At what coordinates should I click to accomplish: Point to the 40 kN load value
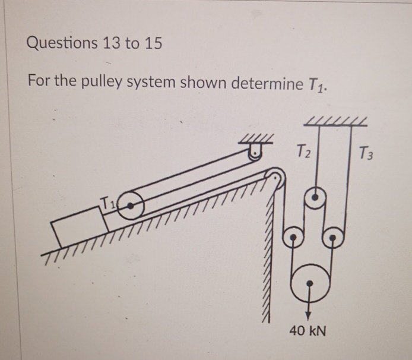coord(308,330)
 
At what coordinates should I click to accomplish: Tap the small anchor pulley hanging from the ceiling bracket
coord(256,155)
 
